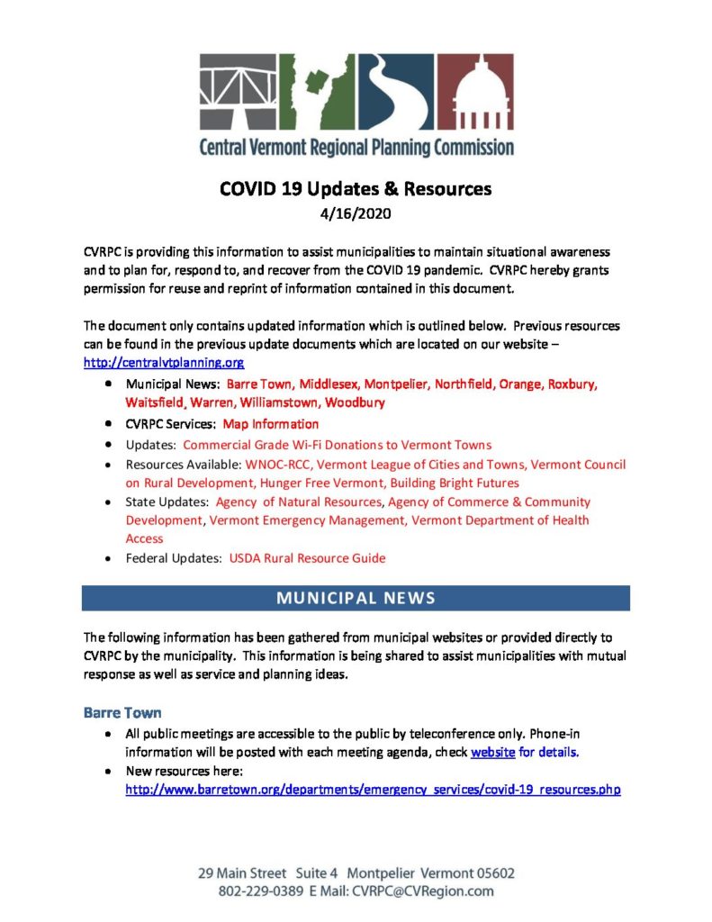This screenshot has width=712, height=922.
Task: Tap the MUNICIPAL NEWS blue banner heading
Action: click(356, 598)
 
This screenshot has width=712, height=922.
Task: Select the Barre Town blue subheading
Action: click(122, 712)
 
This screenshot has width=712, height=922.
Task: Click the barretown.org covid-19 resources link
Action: click(373, 790)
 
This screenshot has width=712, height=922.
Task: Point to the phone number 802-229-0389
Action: click(259, 890)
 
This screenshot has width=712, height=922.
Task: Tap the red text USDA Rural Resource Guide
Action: click(307, 558)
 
